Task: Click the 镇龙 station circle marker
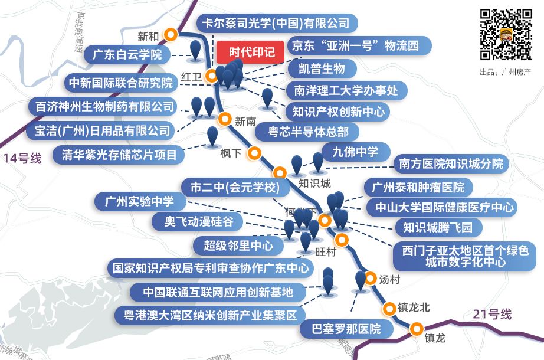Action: point(417,329)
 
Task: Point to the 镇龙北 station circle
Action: point(389,308)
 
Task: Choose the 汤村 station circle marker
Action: point(371,278)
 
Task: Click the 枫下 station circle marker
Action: point(254,153)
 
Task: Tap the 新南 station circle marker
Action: point(224,119)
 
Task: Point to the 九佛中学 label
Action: point(355,152)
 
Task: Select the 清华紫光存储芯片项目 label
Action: point(119,155)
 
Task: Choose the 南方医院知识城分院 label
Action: point(451,163)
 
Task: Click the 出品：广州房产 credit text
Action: point(506,72)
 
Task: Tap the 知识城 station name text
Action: point(315,183)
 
